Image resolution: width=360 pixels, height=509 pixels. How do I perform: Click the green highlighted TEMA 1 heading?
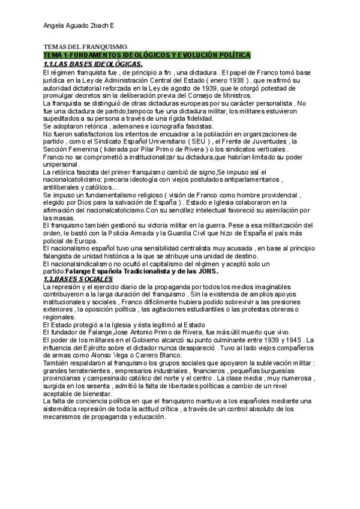point(146,55)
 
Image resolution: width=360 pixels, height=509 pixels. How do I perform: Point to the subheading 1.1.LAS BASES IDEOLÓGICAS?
point(92,64)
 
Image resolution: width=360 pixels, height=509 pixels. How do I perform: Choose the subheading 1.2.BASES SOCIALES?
point(78,280)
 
